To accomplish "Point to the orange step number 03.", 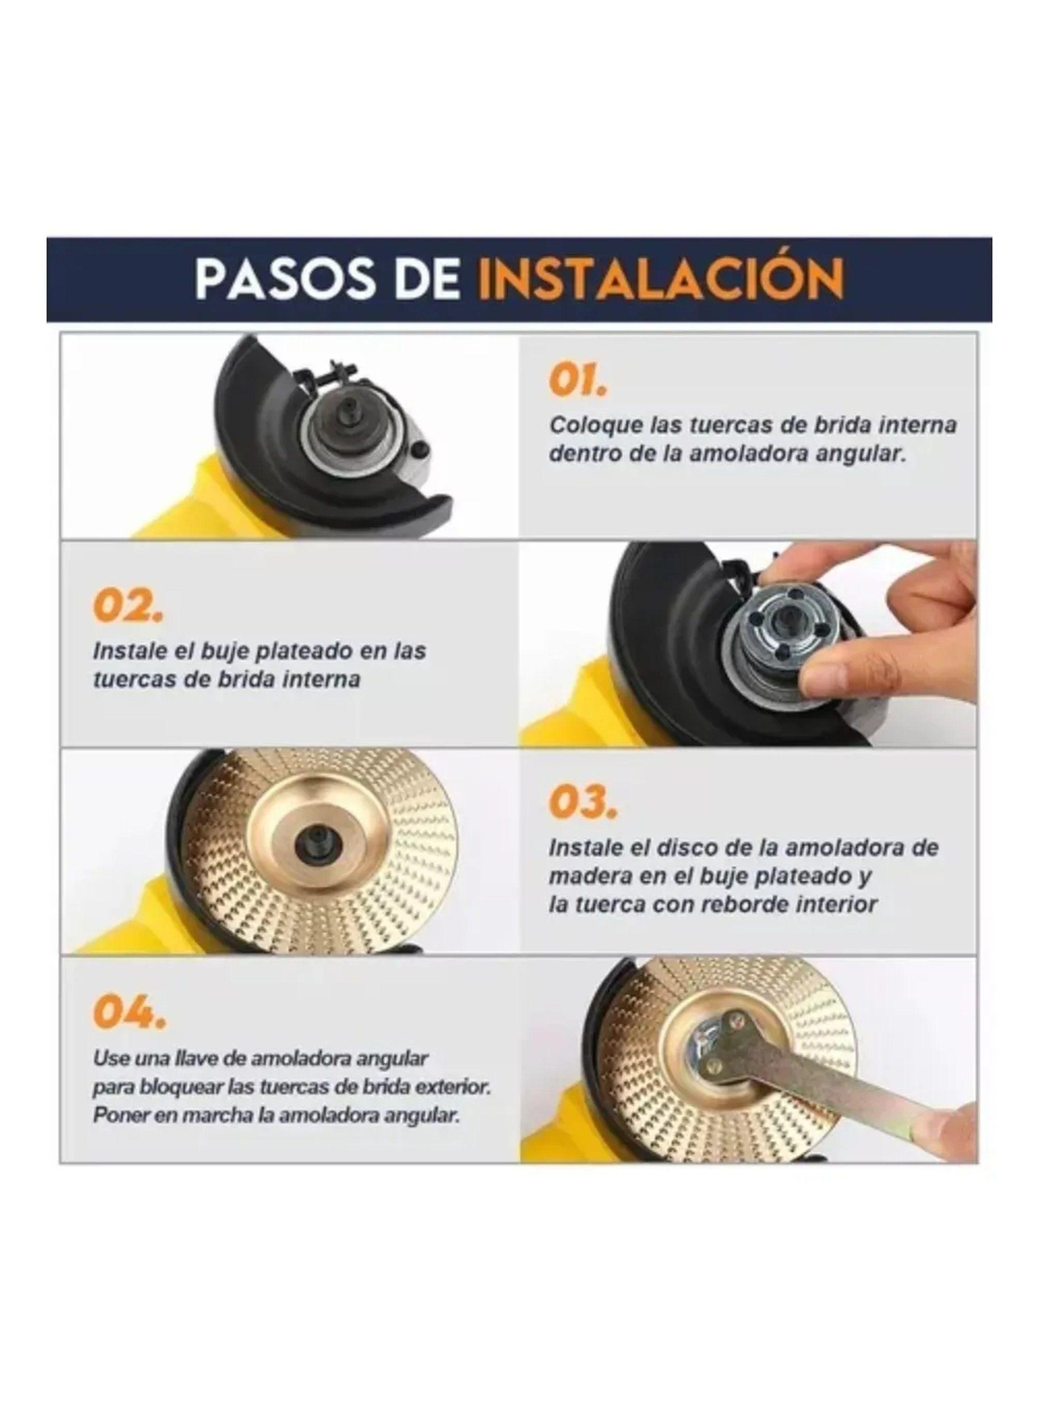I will click(582, 802).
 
